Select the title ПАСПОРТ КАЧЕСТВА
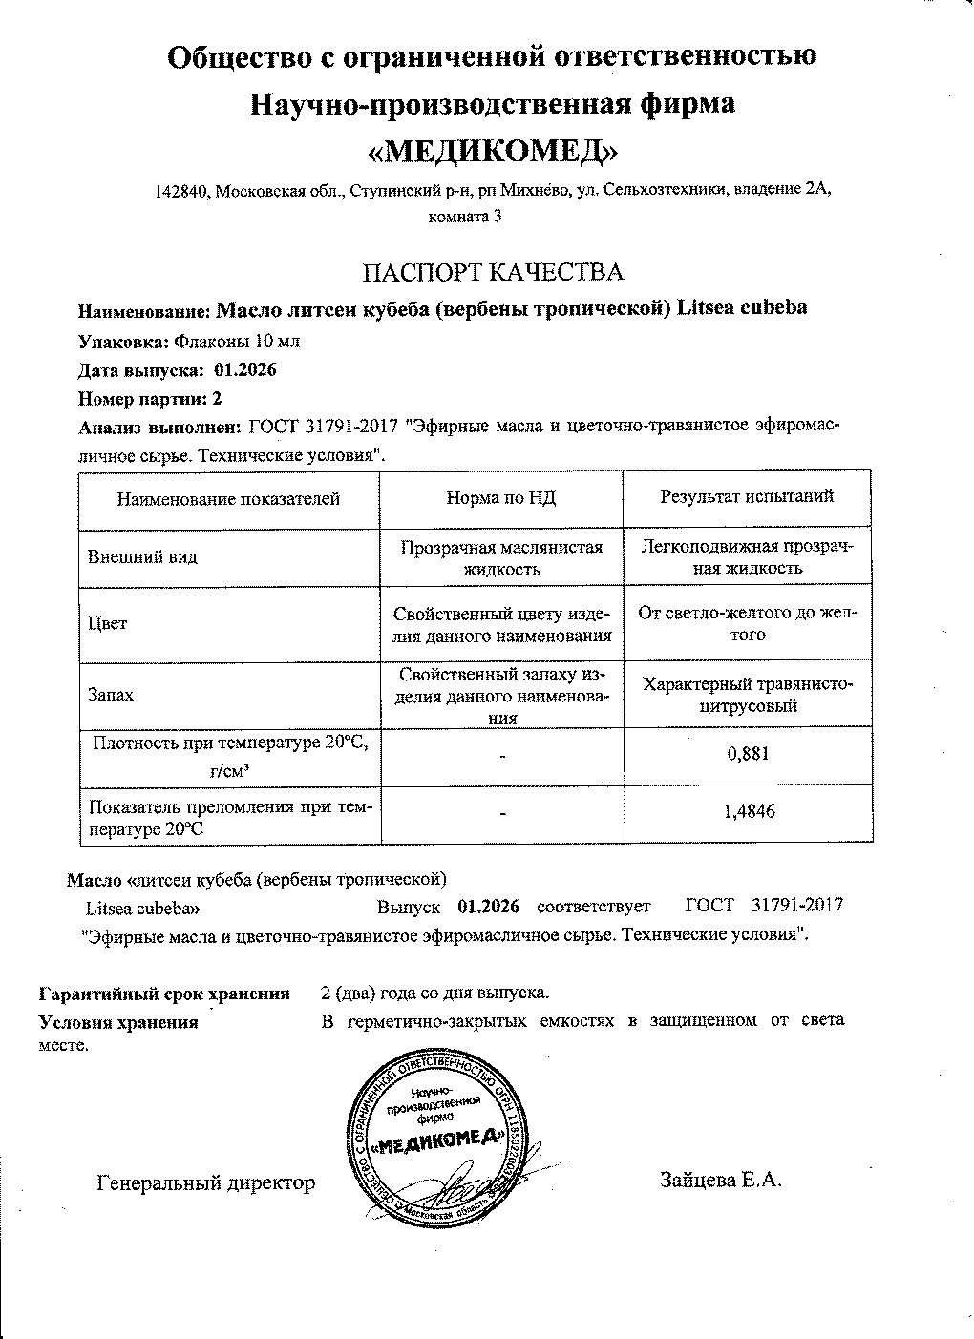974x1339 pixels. coord(492,272)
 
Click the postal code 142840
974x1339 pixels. coord(181,191)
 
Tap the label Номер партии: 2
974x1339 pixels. coord(149,399)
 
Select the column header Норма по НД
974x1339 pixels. coord(501,497)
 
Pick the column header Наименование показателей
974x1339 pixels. coord(228,497)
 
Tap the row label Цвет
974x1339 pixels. coord(107,623)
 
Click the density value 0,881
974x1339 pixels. coord(747,754)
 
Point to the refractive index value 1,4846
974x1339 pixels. coord(747,811)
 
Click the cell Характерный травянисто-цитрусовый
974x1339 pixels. coord(747,695)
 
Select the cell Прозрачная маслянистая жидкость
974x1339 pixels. coord(501,557)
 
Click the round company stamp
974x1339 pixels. coord(434,1138)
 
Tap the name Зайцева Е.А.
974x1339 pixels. coord(721,1180)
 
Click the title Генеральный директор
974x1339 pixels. coord(206,1183)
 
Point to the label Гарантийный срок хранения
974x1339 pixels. coord(163,994)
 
